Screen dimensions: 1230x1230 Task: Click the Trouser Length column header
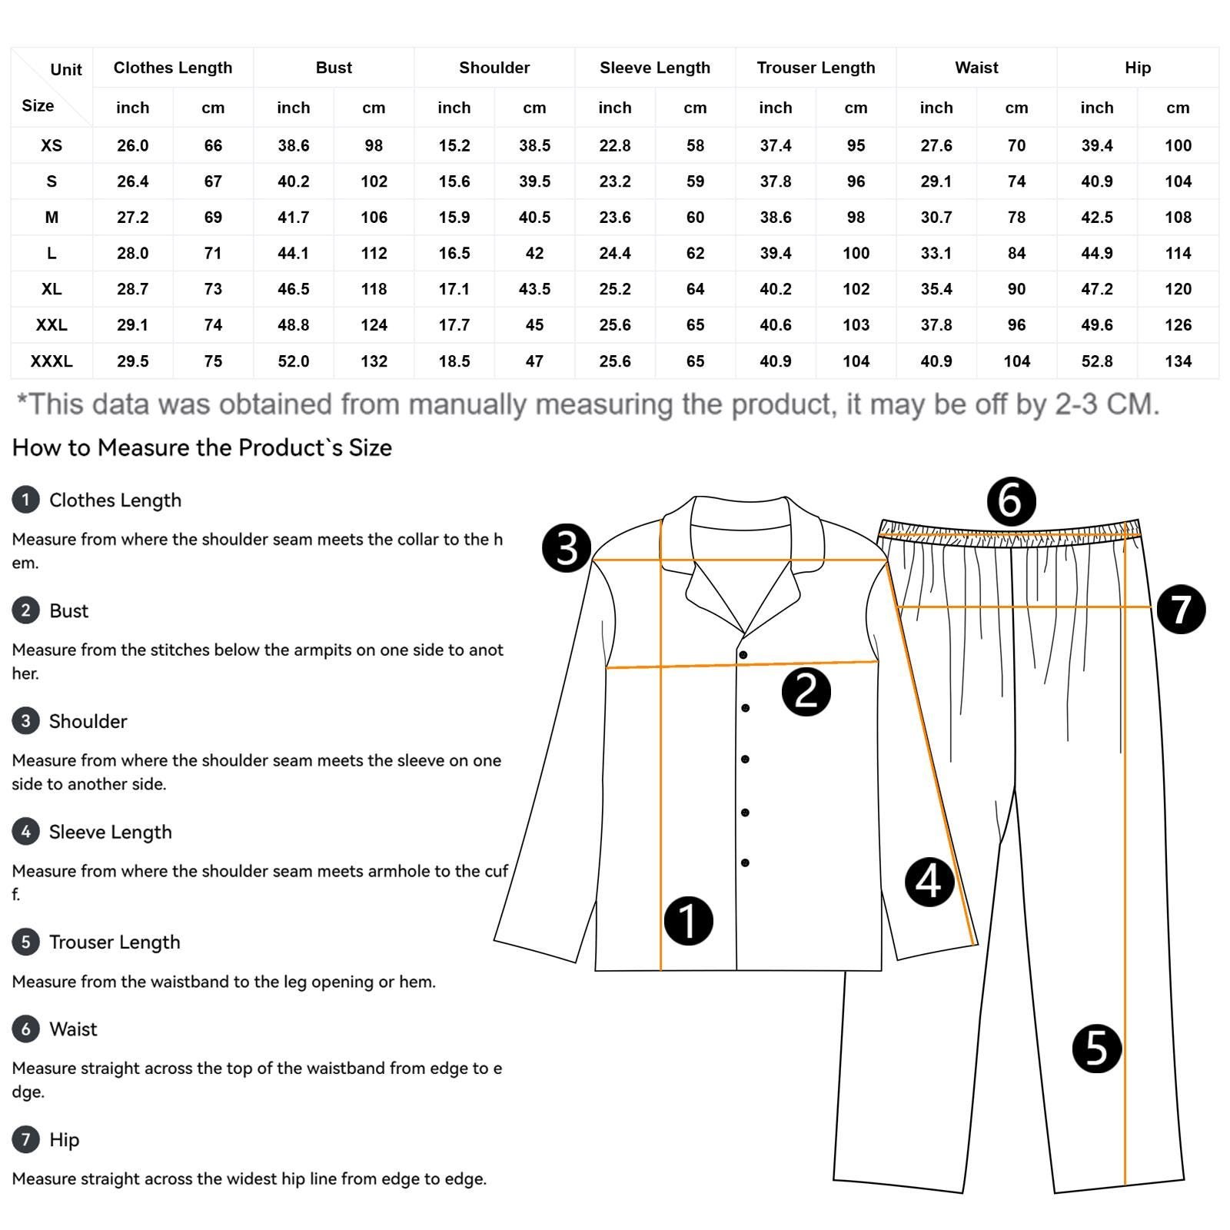coord(816,68)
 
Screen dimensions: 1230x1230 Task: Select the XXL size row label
coord(52,325)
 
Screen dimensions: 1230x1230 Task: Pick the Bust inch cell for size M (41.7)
coord(294,218)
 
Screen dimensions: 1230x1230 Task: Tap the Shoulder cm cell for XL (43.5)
coord(534,289)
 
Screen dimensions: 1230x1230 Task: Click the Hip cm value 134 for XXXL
coord(1178,361)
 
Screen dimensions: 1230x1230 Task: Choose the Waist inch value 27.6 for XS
coord(936,145)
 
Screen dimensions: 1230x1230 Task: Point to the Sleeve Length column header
coord(655,68)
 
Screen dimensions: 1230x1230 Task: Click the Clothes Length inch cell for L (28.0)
coord(132,253)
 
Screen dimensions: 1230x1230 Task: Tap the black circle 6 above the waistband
coord(1011,501)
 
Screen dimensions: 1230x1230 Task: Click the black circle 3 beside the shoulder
coord(567,548)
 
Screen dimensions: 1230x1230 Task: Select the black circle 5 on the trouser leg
coord(1097,1049)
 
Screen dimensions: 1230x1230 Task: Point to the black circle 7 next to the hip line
coord(1181,610)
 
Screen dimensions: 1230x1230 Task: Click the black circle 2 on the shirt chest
coord(806,691)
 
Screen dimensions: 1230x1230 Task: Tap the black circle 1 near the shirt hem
coord(688,920)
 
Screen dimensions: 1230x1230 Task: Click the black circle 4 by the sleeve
coord(929,882)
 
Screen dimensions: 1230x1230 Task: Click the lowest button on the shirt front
coord(745,863)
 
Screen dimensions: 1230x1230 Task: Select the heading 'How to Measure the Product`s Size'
coord(202,447)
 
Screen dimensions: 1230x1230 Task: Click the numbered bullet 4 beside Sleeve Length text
coord(25,831)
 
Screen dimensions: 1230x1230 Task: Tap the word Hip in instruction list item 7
coord(64,1139)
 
